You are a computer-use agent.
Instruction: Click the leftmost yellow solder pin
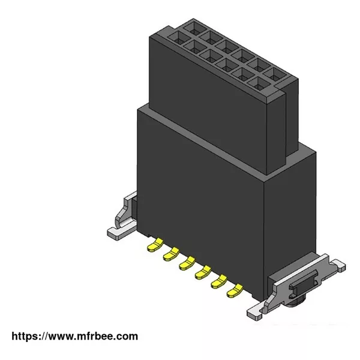155,244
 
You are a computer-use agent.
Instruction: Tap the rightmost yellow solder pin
235,290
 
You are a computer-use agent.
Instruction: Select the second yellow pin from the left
171,253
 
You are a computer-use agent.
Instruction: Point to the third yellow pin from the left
187,263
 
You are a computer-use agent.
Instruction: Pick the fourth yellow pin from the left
203,272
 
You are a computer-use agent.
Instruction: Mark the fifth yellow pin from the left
219,281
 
